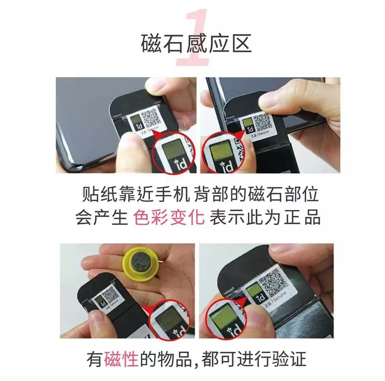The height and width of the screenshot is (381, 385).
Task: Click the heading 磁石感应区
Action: (x=196, y=43)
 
